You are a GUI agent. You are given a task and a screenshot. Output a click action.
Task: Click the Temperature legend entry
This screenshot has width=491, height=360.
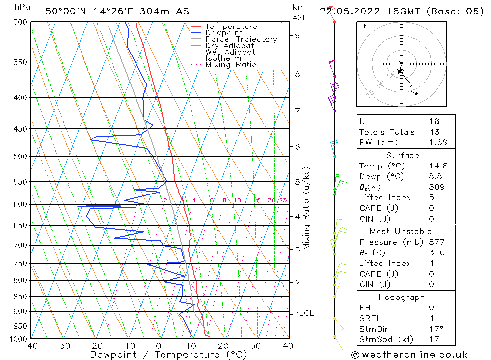pos(231,27)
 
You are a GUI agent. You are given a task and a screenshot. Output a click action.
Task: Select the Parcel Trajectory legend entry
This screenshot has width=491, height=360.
pos(241,39)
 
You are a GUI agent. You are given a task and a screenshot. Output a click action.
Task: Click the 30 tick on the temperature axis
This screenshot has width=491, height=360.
pos(255,346)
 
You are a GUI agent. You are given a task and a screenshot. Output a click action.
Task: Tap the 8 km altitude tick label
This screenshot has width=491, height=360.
pos(297,74)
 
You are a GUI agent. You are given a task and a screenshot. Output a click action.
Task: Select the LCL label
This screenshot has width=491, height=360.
pos(306,313)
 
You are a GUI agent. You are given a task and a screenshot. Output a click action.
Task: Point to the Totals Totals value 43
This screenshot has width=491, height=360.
pos(434,132)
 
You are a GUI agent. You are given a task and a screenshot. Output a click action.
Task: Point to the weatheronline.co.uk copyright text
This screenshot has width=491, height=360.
pos(409,355)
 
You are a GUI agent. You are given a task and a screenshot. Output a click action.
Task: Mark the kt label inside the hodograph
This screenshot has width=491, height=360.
pos(362,26)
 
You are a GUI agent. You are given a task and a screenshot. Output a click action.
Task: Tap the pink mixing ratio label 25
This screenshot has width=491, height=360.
pos(283,200)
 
